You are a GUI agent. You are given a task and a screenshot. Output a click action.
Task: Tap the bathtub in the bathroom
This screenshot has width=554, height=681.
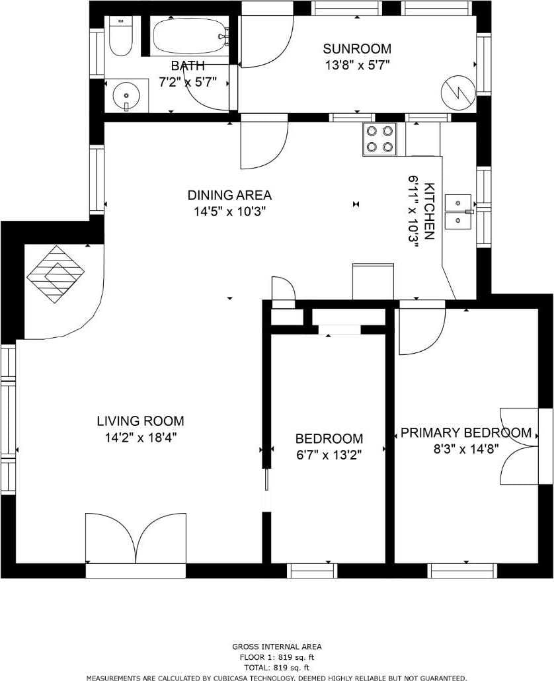[190, 36]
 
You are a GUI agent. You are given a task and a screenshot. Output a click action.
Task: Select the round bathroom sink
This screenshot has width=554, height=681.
[126, 96]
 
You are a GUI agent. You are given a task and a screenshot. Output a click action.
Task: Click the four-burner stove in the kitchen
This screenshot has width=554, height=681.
[380, 140]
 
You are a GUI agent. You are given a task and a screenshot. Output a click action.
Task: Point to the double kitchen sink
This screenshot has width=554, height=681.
[458, 212]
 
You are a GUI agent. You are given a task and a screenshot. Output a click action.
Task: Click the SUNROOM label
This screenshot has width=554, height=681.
[357, 48]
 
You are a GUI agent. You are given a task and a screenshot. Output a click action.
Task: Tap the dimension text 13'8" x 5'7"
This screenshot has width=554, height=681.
[357, 65]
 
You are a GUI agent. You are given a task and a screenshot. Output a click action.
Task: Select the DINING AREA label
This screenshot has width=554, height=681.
[229, 195]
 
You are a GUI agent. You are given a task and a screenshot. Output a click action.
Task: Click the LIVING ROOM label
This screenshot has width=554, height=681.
[140, 421]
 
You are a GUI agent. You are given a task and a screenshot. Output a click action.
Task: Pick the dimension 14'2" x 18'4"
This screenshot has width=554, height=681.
[140, 437]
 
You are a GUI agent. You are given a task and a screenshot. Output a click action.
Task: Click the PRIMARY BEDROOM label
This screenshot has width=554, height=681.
[466, 432]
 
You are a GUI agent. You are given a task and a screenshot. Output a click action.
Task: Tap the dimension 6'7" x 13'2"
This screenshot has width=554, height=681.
[329, 455]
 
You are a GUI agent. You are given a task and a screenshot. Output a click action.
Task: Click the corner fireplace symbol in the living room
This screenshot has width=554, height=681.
[56, 274]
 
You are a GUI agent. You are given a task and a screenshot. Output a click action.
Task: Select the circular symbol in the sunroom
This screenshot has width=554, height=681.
[457, 91]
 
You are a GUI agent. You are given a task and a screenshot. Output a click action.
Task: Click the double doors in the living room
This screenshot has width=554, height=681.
[136, 539]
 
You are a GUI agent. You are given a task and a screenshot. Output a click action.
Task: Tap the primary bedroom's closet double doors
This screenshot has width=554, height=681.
[520, 446]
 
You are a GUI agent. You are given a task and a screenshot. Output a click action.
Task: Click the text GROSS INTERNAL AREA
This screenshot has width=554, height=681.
[277, 647]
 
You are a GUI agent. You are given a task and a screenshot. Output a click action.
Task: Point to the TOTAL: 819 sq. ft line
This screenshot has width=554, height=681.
[277, 668]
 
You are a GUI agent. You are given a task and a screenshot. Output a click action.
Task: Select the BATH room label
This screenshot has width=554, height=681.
[188, 65]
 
